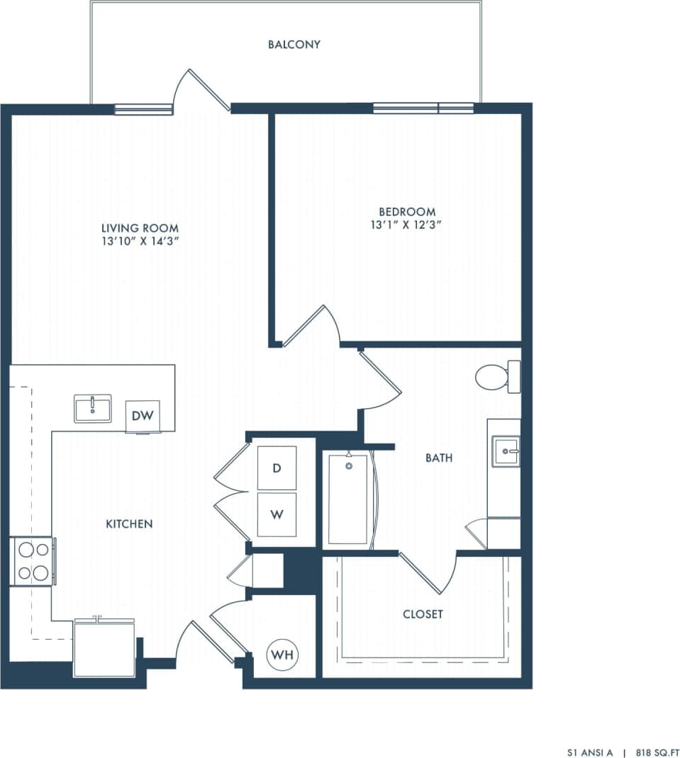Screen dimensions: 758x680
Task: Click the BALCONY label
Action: coord(294,45)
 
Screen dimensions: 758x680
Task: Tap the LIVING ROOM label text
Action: coord(140,228)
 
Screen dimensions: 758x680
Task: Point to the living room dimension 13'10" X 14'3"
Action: coord(140,241)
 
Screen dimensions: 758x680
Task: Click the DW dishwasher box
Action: coord(142,416)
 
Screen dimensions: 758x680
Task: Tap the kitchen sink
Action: coord(92,408)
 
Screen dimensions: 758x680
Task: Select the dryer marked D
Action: coord(277,468)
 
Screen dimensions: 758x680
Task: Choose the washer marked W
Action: coord(277,514)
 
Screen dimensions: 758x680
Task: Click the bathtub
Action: coord(348,499)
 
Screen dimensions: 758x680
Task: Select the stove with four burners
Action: coord(33,561)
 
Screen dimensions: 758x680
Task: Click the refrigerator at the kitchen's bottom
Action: coord(104,647)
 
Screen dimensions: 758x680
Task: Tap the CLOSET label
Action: coord(423,614)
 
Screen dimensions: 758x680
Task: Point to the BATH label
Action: coord(439,458)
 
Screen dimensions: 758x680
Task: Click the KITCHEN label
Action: coord(129,524)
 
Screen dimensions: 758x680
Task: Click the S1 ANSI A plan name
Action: coord(590,749)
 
